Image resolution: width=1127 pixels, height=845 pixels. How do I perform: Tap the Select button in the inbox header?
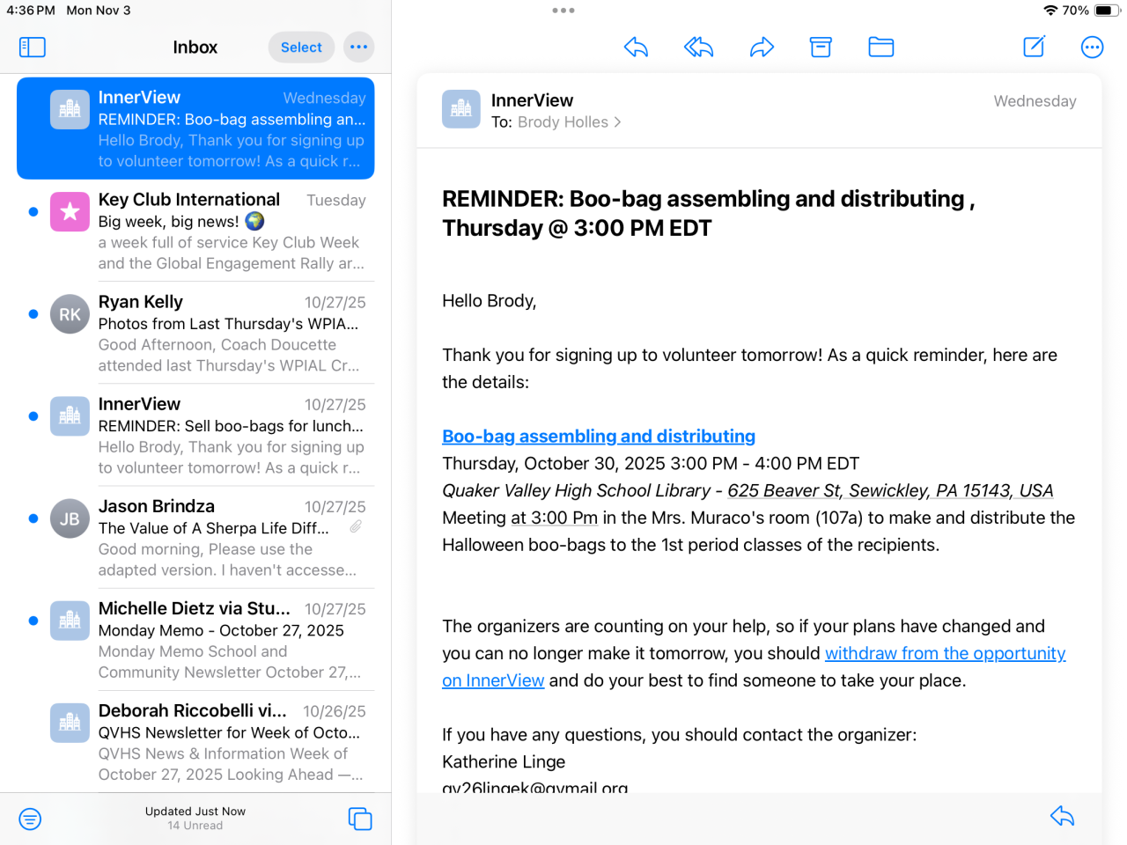301,48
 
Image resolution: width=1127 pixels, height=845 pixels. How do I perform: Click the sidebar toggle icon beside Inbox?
33,48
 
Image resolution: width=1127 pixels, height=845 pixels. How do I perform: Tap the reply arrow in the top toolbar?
636,48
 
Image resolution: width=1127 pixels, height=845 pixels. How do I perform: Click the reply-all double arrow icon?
698,48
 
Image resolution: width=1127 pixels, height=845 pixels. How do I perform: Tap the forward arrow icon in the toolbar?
762,48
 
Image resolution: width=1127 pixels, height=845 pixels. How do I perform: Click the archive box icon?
821,48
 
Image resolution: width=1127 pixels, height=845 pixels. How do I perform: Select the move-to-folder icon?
880,48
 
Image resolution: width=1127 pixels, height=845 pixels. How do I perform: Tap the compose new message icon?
1034,48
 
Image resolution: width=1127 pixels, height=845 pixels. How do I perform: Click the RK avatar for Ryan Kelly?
70,314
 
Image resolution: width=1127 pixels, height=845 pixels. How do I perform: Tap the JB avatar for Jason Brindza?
70,518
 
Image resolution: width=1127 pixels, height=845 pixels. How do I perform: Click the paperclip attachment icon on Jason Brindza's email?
356,526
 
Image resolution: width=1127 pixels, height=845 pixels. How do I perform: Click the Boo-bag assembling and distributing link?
599,436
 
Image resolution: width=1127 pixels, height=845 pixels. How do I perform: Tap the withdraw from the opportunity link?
945,653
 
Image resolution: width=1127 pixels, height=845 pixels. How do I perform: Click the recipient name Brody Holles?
563,122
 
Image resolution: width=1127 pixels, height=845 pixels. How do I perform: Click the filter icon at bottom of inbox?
30,819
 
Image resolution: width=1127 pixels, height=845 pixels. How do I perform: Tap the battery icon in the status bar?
1108,11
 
